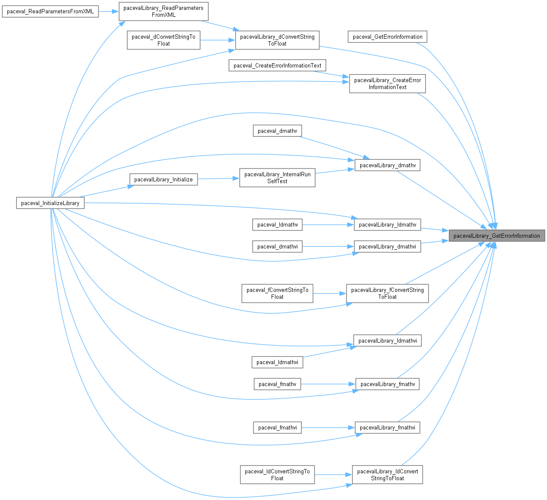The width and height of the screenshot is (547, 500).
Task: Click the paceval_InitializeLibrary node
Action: [x=50, y=203]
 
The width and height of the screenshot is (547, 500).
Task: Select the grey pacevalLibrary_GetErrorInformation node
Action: [x=497, y=236]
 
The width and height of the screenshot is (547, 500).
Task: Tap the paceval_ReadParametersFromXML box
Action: [x=50, y=12]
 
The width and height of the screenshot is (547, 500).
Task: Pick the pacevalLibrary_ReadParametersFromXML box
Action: [x=164, y=11]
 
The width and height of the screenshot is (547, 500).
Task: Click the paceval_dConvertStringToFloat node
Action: [x=164, y=40]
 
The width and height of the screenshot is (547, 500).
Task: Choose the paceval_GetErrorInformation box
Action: [x=387, y=37]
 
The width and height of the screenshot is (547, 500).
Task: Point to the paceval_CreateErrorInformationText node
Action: [x=277, y=65]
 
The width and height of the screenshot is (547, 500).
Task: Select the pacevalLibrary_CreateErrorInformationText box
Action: [x=387, y=83]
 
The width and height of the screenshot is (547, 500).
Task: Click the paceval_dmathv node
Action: [x=277, y=131]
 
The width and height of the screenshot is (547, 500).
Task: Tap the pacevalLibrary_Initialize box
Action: [x=164, y=179]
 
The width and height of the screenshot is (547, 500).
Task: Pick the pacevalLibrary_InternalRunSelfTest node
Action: [x=277, y=178]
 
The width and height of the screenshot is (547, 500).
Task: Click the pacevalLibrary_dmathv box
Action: [x=387, y=165]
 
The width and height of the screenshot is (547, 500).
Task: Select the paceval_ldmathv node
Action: [x=277, y=224]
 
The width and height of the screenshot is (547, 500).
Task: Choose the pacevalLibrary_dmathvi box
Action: [x=387, y=246]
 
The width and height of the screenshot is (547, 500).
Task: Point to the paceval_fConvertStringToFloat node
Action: [x=277, y=293]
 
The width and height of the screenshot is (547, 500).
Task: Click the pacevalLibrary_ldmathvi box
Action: [x=387, y=340]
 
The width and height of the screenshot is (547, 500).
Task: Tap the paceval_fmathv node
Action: [x=277, y=384]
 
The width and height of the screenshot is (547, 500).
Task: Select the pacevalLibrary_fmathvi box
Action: [x=387, y=427]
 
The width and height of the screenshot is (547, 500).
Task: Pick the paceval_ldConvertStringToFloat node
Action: [x=277, y=475]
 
